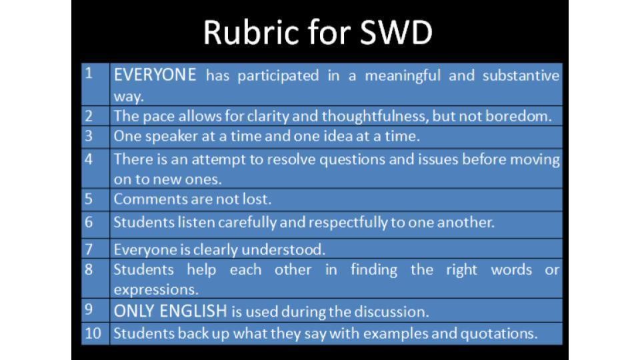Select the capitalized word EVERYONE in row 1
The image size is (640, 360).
click(x=155, y=75)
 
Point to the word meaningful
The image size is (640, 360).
click(x=403, y=76)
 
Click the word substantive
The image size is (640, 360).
click(x=521, y=75)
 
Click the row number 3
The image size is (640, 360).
click(x=89, y=136)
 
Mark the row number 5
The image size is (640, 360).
click(x=89, y=199)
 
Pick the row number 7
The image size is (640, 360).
click(x=89, y=249)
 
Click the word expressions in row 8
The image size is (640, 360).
click(x=156, y=290)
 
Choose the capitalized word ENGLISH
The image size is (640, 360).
click(x=193, y=311)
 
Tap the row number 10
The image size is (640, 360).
click(x=93, y=333)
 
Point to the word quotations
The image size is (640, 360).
click(x=499, y=334)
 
